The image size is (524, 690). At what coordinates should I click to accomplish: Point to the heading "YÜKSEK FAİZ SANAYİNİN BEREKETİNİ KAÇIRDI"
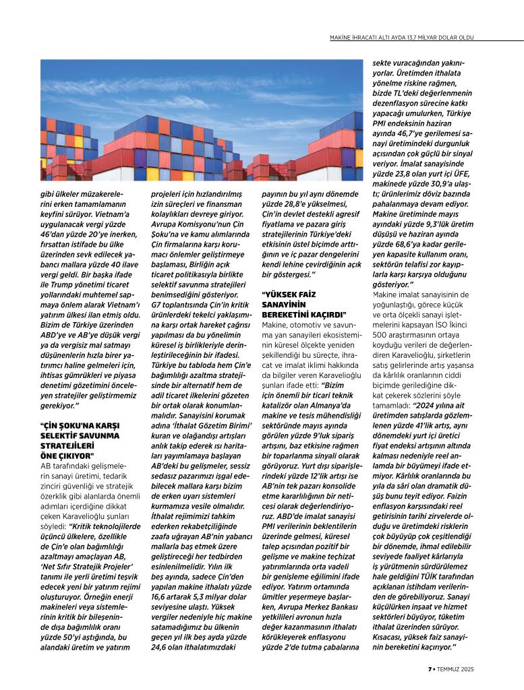[x=303, y=305]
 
